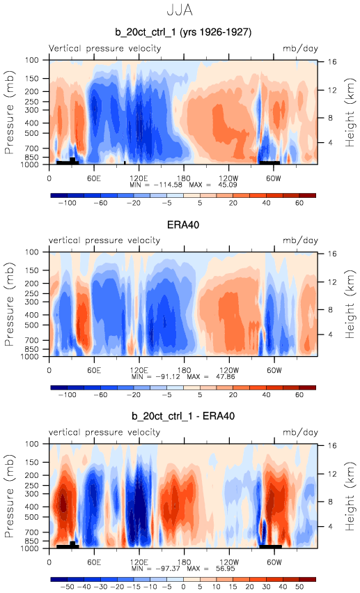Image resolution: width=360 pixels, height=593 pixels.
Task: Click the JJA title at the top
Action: coord(180,10)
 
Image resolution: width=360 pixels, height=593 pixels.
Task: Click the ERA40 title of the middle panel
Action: coord(183,225)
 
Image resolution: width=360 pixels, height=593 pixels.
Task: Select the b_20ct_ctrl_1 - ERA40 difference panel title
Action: coord(183,416)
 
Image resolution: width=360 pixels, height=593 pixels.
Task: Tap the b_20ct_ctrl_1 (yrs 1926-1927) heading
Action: coord(183,32)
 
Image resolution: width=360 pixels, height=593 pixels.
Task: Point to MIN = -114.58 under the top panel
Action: coord(156,185)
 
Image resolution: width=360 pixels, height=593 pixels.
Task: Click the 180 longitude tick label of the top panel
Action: coord(184,178)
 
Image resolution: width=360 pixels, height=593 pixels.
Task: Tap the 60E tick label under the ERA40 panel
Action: coord(94,370)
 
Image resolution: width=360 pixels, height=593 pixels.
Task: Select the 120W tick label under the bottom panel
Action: coord(229,562)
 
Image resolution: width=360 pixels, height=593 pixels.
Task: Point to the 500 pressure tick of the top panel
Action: coord(32,133)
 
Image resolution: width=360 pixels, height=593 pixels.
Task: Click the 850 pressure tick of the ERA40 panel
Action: coord(32,349)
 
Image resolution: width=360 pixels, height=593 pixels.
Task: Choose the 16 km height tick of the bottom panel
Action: coord(331,445)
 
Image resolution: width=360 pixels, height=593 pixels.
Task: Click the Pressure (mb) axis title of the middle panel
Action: coord(10,304)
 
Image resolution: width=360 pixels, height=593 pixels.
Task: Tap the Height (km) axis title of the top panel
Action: coord(350,112)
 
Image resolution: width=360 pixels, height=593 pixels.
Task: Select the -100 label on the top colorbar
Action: coord(68,203)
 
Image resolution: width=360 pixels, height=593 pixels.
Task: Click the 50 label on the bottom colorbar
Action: coord(299,587)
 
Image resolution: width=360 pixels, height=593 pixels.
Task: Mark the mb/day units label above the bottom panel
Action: coord(300,432)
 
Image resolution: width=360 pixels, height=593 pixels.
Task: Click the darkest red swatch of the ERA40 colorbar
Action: coord(307,387)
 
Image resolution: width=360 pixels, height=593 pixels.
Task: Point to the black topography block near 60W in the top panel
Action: coord(269,162)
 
